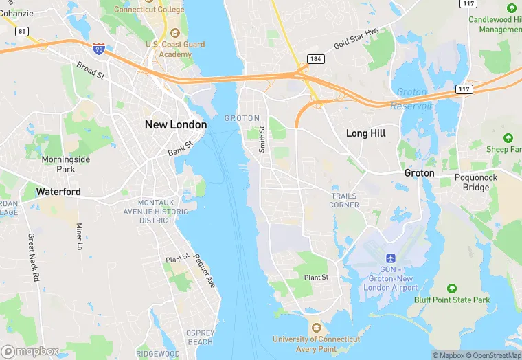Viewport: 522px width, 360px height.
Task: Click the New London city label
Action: (x=175, y=124)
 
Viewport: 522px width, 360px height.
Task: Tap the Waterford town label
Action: (x=58, y=192)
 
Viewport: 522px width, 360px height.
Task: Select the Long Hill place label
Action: (x=365, y=133)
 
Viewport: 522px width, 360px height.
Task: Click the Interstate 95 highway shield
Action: (x=99, y=49)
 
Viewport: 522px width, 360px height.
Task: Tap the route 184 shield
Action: (x=315, y=58)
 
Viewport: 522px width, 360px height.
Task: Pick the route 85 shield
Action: (x=22, y=31)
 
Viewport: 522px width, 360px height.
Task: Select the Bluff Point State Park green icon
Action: (x=451, y=288)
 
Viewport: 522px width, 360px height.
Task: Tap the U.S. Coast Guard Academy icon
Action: (x=174, y=33)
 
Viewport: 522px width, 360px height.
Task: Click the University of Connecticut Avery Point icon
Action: (x=315, y=327)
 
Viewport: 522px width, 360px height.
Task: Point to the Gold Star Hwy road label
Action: (x=356, y=39)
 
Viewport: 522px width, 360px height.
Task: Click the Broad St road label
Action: (x=90, y=70)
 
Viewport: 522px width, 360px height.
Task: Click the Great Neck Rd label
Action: (x=34, y=258)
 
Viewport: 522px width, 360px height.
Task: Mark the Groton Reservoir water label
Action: (x=411, y=99)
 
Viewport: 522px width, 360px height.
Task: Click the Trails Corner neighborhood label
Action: (x=344, y=201)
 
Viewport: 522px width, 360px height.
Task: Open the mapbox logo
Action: (x=30, y=351)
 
